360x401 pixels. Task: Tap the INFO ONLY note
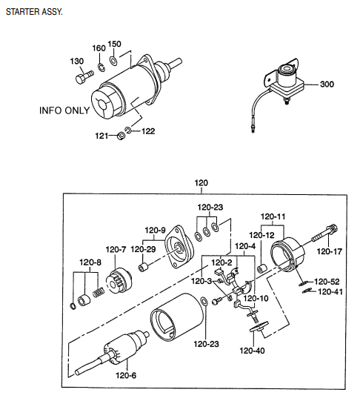pyautogui.click(x=64, y=110)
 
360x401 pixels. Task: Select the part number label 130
pyautogui.click(x=77, y=61)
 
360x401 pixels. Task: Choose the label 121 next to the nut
pyautogui.click(x=101, y=136)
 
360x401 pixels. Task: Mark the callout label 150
pyautogui.click(x=114, y=44)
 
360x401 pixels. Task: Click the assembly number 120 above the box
pyautogui.click(x=201, y=183)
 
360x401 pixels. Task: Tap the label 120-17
pyautogui.click(x=330, y=251)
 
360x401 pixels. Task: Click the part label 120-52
pyautogui.click(x=327, y=282)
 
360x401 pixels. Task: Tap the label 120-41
pyautogui.click(x=330, y=292)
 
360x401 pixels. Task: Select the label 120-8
pyautogui.click(x=90, y=261)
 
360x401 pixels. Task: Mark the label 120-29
pyautogui.click(x=144, y=250)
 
